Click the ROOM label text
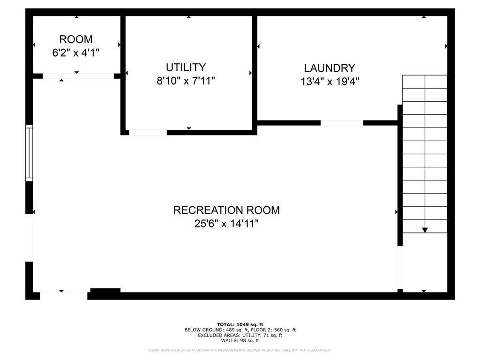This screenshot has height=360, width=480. pyautogui.click(x=75, y=39)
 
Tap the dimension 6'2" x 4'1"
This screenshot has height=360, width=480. pyautogui.click(x=75, y=53)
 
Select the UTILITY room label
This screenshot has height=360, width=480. pyautogui.click(x=186, y=67)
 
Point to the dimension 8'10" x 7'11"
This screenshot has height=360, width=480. pyautogui.click(x=186, y=81)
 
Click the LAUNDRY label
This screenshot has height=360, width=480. pyautogui.click(x=330, y=68)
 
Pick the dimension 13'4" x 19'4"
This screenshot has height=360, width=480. pyautogui.click(x=330, y=82)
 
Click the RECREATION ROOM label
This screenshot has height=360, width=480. pyautogui.click(x=226, y=210)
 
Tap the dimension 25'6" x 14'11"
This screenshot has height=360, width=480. pyautogui.click(x=226, y=224)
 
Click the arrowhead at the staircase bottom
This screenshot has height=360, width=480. pyautogui.click(x=425, y=230)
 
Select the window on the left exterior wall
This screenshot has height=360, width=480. pyautogui.click(x=29, y=153)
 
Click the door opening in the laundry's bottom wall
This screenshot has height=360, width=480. pyautogui.click(x=342, y=123)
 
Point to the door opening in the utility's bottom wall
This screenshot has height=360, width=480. pyautogui.click(x=148, y=133)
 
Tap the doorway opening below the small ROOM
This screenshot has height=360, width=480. pyautogui.click(x=78, y=76)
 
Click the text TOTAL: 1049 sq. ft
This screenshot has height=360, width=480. pyautogui.click(x=240, y=324)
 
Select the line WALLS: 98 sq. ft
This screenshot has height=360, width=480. pyautogui.click(x=240, y=340)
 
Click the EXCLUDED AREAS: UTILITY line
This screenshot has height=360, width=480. pyautogui.click(x=240, y=335)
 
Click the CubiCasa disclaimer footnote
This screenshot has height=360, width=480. pyautogui.click(x=240, y=350)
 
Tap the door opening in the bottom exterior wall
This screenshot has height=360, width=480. pyautogui.click(x=64, y=296)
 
